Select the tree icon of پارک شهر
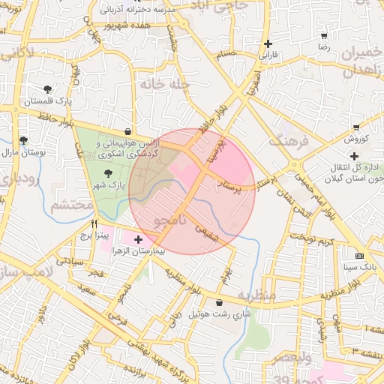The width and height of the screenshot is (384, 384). pos(108,173)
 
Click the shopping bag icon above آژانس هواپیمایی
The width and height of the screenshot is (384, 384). pos(129,131)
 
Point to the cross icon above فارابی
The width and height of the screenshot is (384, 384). pos(268,43)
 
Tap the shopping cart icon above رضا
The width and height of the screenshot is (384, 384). pos(323,35)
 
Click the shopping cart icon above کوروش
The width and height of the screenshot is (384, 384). pos(355,127)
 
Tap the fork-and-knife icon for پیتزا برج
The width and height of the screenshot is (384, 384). pos(94,223)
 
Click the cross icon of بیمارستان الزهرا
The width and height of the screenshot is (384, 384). pos(138,239)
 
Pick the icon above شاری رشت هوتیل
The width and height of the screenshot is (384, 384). pos(218,302)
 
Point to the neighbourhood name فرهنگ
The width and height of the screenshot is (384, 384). pos(287,140)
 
